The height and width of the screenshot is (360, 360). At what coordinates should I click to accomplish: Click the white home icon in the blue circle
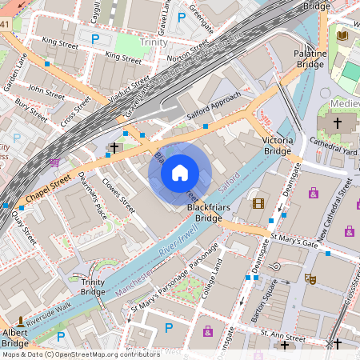coord(180,173)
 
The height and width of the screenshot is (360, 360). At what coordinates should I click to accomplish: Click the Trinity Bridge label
coord(88,286)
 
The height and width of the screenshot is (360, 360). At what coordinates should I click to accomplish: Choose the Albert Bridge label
coord(14,337)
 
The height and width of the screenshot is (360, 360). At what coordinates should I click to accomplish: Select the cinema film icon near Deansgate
coord(258,202)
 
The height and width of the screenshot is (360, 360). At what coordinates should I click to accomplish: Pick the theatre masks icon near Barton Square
coord(310,278)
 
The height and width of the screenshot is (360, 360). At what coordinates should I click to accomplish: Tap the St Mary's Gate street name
coord(294,241)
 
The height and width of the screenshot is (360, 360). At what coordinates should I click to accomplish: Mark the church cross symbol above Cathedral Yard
coord(338,123)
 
